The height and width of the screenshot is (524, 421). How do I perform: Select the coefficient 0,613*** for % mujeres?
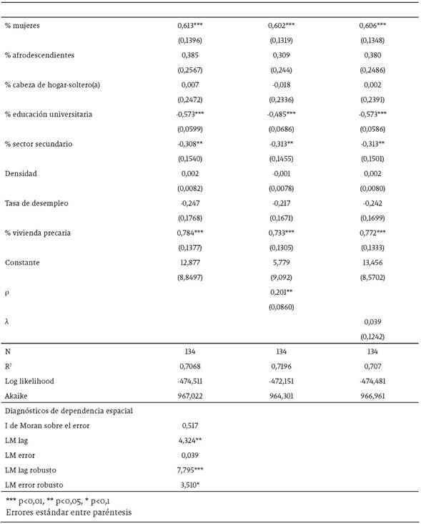[x=190, y=26]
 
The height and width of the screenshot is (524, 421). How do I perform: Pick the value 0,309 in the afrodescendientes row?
[x=279, y=55]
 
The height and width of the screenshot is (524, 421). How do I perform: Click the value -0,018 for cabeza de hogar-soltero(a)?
[x=279, y=85]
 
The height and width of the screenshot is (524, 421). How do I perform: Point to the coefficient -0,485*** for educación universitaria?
[x=281, y=115]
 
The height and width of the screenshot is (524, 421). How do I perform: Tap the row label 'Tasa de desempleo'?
[x=36, y=203]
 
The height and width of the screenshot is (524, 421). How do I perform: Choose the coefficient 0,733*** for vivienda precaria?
[x=281, y=233]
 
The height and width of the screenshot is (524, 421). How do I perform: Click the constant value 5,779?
[x=279, y=263]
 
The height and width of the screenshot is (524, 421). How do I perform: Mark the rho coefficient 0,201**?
[x=281, y=292]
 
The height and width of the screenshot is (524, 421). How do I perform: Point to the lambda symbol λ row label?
[x=7, y=322]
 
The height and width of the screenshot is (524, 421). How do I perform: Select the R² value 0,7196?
[x=279, y=367]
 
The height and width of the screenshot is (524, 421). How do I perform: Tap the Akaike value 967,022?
[x=190, y=395]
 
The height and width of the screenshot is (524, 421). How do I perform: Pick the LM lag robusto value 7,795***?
[x=190, y=470]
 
